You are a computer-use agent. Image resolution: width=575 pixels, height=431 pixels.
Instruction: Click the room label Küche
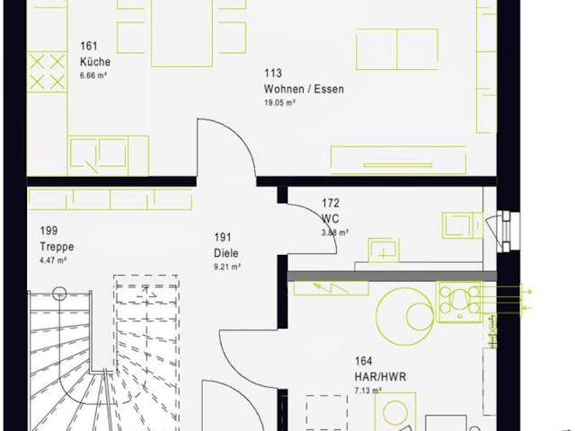coord(94,62)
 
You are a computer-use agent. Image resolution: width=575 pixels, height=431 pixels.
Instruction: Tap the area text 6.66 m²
coord(94,75)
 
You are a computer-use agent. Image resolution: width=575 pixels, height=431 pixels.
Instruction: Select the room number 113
coord(272,75)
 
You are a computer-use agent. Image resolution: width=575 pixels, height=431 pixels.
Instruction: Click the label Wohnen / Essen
coord(304,89)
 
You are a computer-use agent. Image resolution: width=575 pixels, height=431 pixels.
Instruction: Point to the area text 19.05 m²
coord(280,102)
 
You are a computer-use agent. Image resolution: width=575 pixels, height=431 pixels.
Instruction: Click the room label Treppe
coord(56,246)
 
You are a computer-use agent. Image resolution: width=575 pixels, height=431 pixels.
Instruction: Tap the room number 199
coord(49,232)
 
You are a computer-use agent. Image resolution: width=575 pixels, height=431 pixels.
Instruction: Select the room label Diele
coord(227,252)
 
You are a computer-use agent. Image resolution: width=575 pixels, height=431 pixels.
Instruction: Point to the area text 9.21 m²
coord(227,266)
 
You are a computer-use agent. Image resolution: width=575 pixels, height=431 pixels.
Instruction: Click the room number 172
coord(330,205)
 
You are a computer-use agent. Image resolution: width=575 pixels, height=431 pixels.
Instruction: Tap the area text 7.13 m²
coord(368,391)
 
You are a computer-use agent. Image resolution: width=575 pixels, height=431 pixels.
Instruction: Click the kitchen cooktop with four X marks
coord(47,71)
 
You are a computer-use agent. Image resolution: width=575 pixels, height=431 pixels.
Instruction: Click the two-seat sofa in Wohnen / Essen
coord(396,48)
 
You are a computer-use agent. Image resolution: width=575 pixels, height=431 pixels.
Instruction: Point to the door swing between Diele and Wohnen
coord(225,148)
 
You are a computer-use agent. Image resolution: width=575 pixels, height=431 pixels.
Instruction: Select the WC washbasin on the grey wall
coord(384,251)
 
